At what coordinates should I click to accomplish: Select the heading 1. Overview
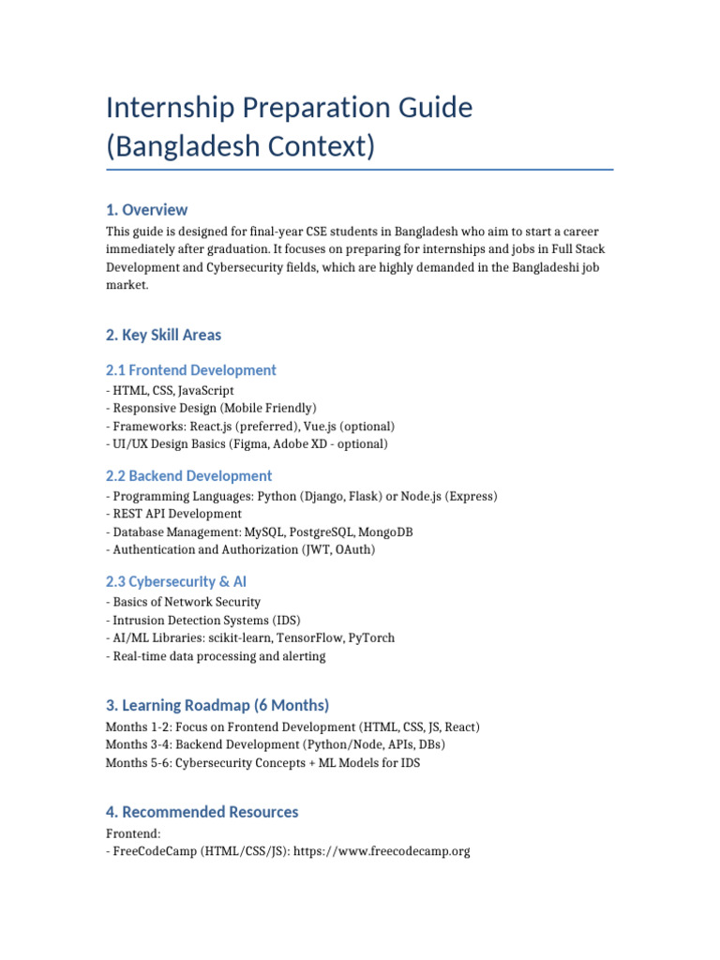147,209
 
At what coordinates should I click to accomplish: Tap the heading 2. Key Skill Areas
164,335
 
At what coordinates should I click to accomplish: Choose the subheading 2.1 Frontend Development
191,369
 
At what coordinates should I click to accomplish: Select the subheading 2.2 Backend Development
189,475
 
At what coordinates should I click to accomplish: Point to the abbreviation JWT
319,549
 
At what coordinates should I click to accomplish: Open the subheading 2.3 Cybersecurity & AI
177,581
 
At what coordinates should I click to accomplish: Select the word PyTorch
371,637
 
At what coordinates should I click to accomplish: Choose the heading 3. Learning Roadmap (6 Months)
217,705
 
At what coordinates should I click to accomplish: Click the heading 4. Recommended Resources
202,812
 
